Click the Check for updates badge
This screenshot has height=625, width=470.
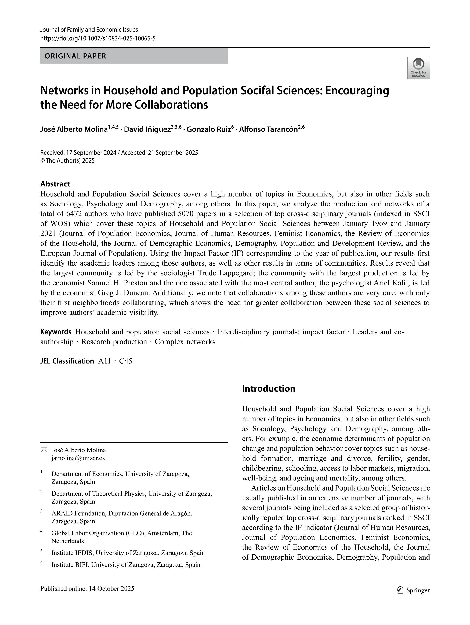[x=418, y=68]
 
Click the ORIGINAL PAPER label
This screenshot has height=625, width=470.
[x=75, y=56]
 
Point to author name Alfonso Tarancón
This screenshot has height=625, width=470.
[x=268, y=129]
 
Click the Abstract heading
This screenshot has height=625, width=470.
[x=55, y=184]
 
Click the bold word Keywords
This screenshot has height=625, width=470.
[x=56, y=332]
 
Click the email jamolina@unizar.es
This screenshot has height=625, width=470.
[x=78, y=458]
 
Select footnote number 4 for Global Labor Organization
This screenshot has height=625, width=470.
[x=42, y=531]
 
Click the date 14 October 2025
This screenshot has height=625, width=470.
[x=111, y=589]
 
